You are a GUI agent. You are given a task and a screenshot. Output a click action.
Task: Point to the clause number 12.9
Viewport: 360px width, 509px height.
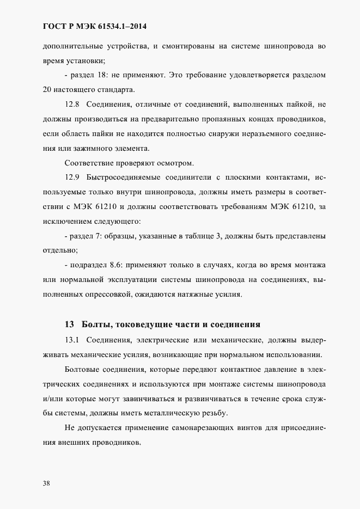tap(72, 177)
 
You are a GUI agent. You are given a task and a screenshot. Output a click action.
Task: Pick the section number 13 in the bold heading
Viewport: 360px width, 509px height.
tap(69, 324)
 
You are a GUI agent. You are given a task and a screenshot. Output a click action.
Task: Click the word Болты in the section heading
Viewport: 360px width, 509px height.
tap(97, 324)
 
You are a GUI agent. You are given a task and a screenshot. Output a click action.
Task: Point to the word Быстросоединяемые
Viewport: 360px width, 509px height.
tap(126, 177)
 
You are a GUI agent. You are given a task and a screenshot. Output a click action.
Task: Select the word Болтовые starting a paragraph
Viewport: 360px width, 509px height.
tap(84, 370)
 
